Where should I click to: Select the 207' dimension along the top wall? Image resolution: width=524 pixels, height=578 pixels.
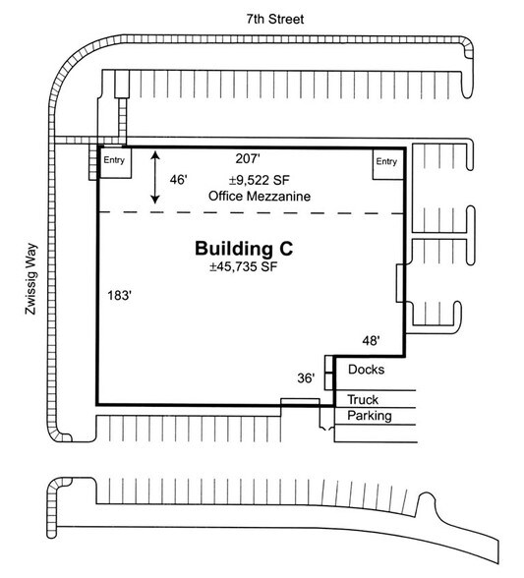coord(250,158)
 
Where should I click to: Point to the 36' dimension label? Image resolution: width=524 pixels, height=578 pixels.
coord(306,377)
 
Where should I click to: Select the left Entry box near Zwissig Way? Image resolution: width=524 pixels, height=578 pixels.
coord(115,162)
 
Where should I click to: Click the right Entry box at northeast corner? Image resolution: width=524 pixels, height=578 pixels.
coord(387,162)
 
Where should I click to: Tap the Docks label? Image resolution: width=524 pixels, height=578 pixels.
coord(366,370)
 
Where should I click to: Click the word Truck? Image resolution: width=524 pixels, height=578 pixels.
coord(364,399)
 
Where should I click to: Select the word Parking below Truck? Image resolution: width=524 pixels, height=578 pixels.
coord(368,416)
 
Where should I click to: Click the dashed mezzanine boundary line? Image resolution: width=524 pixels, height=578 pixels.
coord(251,212)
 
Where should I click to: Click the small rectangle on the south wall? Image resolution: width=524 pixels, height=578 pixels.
coord(296,402)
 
